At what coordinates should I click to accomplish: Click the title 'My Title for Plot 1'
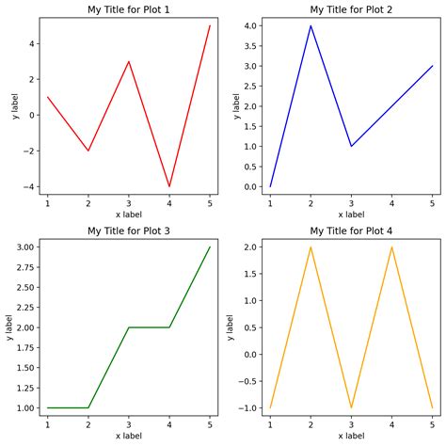(x=129, y=10)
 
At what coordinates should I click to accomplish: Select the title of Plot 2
(x=351, y=10)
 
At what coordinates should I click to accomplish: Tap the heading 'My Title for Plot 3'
(x=129, y=231)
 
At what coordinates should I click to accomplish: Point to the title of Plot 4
(x=351, y=231)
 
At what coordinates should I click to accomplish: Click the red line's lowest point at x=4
(x=169, y=186)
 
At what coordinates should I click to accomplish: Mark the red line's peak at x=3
(x=129, y=61)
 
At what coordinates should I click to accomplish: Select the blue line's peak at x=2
(x=311, y=25)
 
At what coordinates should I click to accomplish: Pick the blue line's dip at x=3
(x=351, y=146)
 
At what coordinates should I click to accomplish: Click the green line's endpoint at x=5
(x=210, y=247)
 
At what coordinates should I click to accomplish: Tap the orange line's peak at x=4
(x=391, y=247)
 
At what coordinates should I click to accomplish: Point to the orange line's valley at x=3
(x=351, y=408)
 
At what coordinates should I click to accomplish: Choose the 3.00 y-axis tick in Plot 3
(x=24, y=247)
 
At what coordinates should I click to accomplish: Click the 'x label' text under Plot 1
(x=129, y=215)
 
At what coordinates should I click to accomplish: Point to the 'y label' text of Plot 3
(x=8, y=327)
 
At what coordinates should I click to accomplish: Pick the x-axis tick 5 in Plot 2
(x=432, y=203)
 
